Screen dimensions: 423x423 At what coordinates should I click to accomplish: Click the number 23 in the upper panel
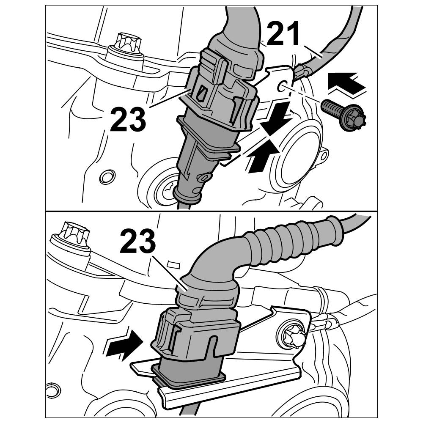coord(128,119)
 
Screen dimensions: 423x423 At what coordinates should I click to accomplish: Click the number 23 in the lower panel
coord(138,241)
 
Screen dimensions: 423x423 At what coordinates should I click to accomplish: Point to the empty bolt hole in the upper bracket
coord(282,86)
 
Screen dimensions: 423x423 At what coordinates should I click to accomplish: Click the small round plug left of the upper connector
coord(107,177)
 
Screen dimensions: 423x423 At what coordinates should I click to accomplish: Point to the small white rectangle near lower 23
coord(173,264)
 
